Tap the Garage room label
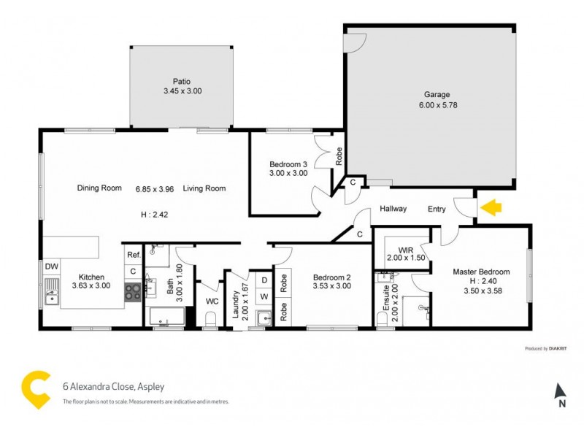coord(437,94)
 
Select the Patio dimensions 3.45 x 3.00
coord(182,91)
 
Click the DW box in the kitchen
coord(52,266)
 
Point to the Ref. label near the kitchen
coord(134,255)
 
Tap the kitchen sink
coord(51,296)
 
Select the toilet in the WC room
coord(210,319)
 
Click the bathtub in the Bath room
coord(166,317)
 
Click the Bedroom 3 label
coord(288,164)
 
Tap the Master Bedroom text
coord(481,272)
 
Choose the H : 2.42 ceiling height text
coord(154,215)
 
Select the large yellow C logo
coord(35,388)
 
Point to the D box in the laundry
coord(264,280)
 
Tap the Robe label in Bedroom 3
coord(339,155)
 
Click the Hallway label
coord(393,209)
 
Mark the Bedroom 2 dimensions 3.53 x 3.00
coord(332,287)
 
